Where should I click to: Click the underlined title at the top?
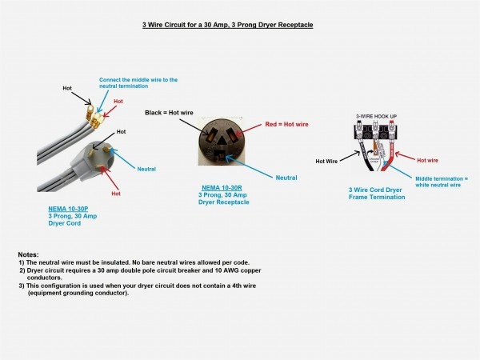point(222,25)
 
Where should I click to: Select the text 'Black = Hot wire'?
point(170,113)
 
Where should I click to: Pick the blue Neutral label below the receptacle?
point(286,177)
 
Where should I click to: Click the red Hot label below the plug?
point(116,194)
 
